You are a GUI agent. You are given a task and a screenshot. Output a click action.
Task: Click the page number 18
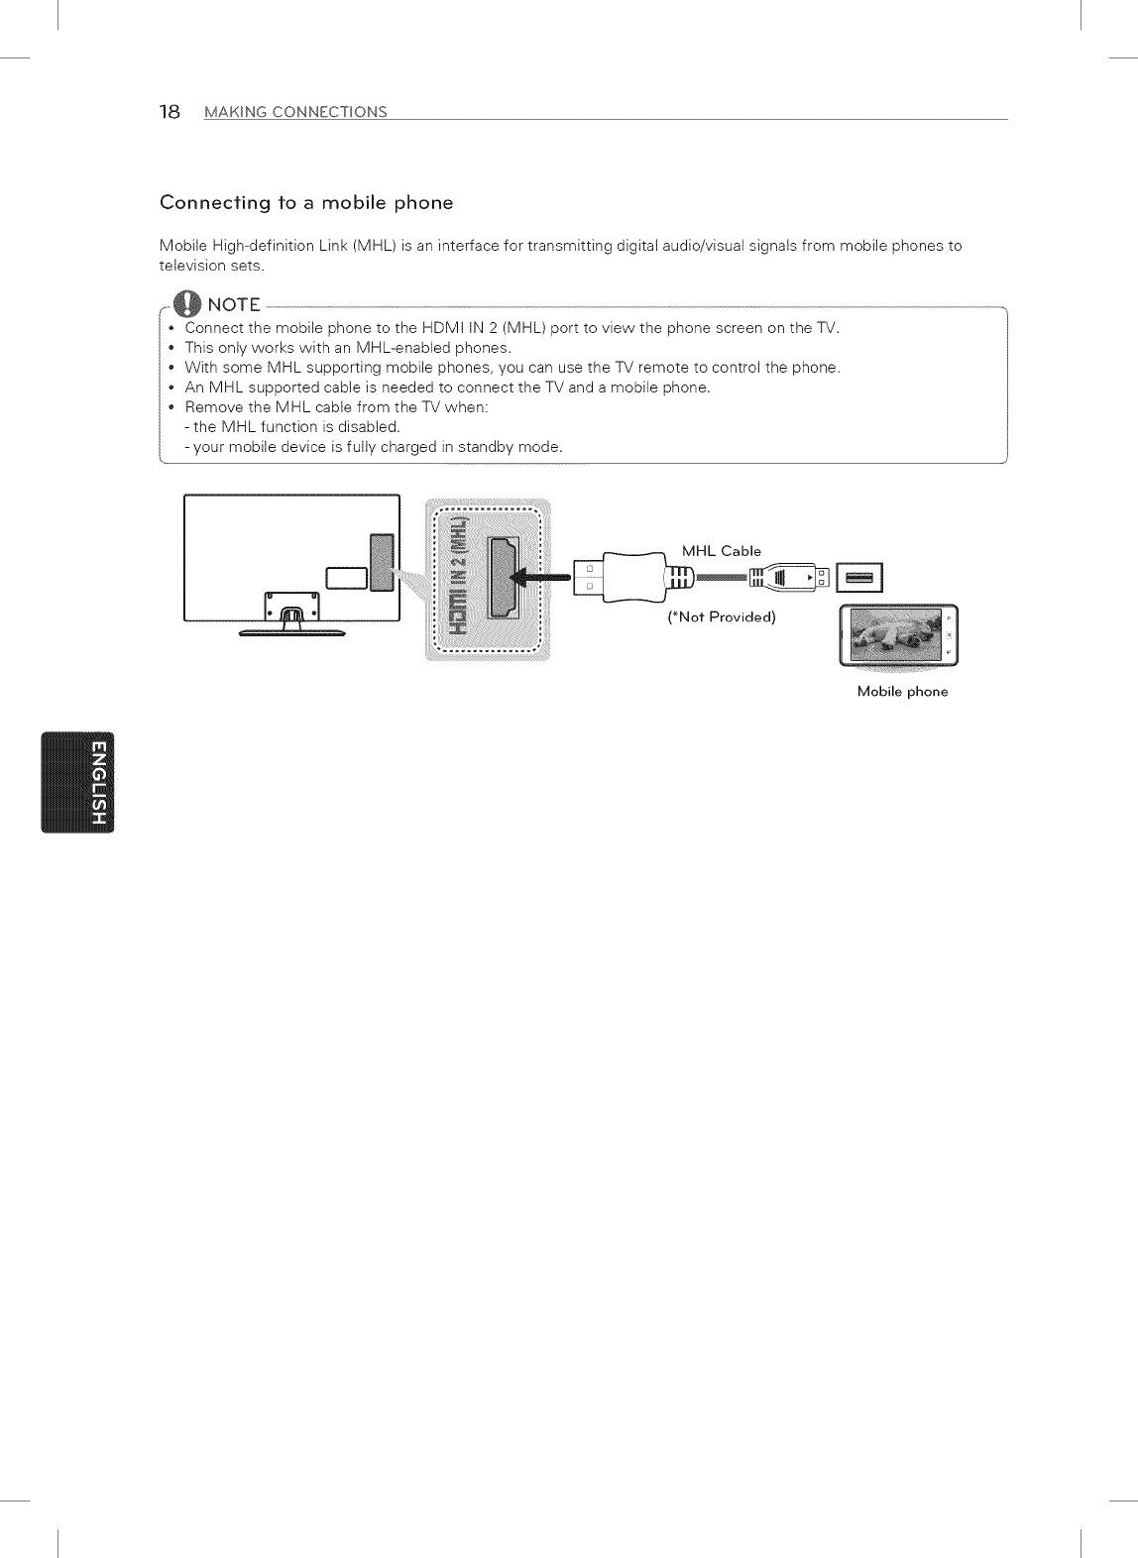tap(170, 111)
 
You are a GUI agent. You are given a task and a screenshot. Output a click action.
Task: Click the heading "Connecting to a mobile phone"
tap(306, 203)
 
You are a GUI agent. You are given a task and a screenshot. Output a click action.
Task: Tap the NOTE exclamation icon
tap(186, 303)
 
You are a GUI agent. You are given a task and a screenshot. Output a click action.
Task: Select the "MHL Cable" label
tap(721, 551)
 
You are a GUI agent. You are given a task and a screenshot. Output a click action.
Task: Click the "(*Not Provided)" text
tap(722, 617)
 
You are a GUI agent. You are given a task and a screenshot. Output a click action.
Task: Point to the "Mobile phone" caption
tap(902, 692)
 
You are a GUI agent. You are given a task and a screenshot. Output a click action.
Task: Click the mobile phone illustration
tap(899, 634)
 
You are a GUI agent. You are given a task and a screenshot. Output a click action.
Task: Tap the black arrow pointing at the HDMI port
tap(540, 576)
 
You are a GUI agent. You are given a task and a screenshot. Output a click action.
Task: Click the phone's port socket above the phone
tap(858, 577)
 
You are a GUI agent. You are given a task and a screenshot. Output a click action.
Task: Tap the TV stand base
tap(292, 631)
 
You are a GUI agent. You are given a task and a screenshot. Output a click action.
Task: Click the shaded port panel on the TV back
tap(380, 561)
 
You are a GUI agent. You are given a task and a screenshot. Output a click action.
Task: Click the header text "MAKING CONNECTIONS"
tap(295, 112)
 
